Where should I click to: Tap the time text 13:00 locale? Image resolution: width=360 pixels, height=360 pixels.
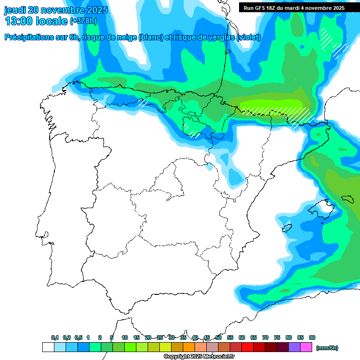click(x=36, y=21)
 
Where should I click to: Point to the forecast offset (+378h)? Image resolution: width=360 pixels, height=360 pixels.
click(x=84, y=21)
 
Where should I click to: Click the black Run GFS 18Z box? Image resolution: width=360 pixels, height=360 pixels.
click(x=294, y=8)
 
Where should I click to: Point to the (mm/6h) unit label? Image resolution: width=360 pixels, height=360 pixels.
click(x=327, y=348)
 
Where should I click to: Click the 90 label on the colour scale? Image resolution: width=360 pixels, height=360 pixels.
click(x=312, y=337)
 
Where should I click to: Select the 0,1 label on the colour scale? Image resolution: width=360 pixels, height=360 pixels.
click(x=55, y=337)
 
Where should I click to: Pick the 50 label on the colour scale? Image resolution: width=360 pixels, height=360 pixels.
click(x=218, y=337)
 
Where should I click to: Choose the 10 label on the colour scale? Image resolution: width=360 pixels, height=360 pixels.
click(x=125, y=337)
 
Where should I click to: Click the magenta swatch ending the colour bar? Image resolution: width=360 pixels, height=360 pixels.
click(x=306, y=347)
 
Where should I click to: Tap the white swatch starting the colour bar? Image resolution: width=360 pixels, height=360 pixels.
click(x=48, y=347)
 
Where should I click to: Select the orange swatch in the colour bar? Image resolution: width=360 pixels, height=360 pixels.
click(x=189, y=347)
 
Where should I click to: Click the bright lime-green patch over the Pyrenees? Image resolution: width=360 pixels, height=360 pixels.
click(x=272, y=104)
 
